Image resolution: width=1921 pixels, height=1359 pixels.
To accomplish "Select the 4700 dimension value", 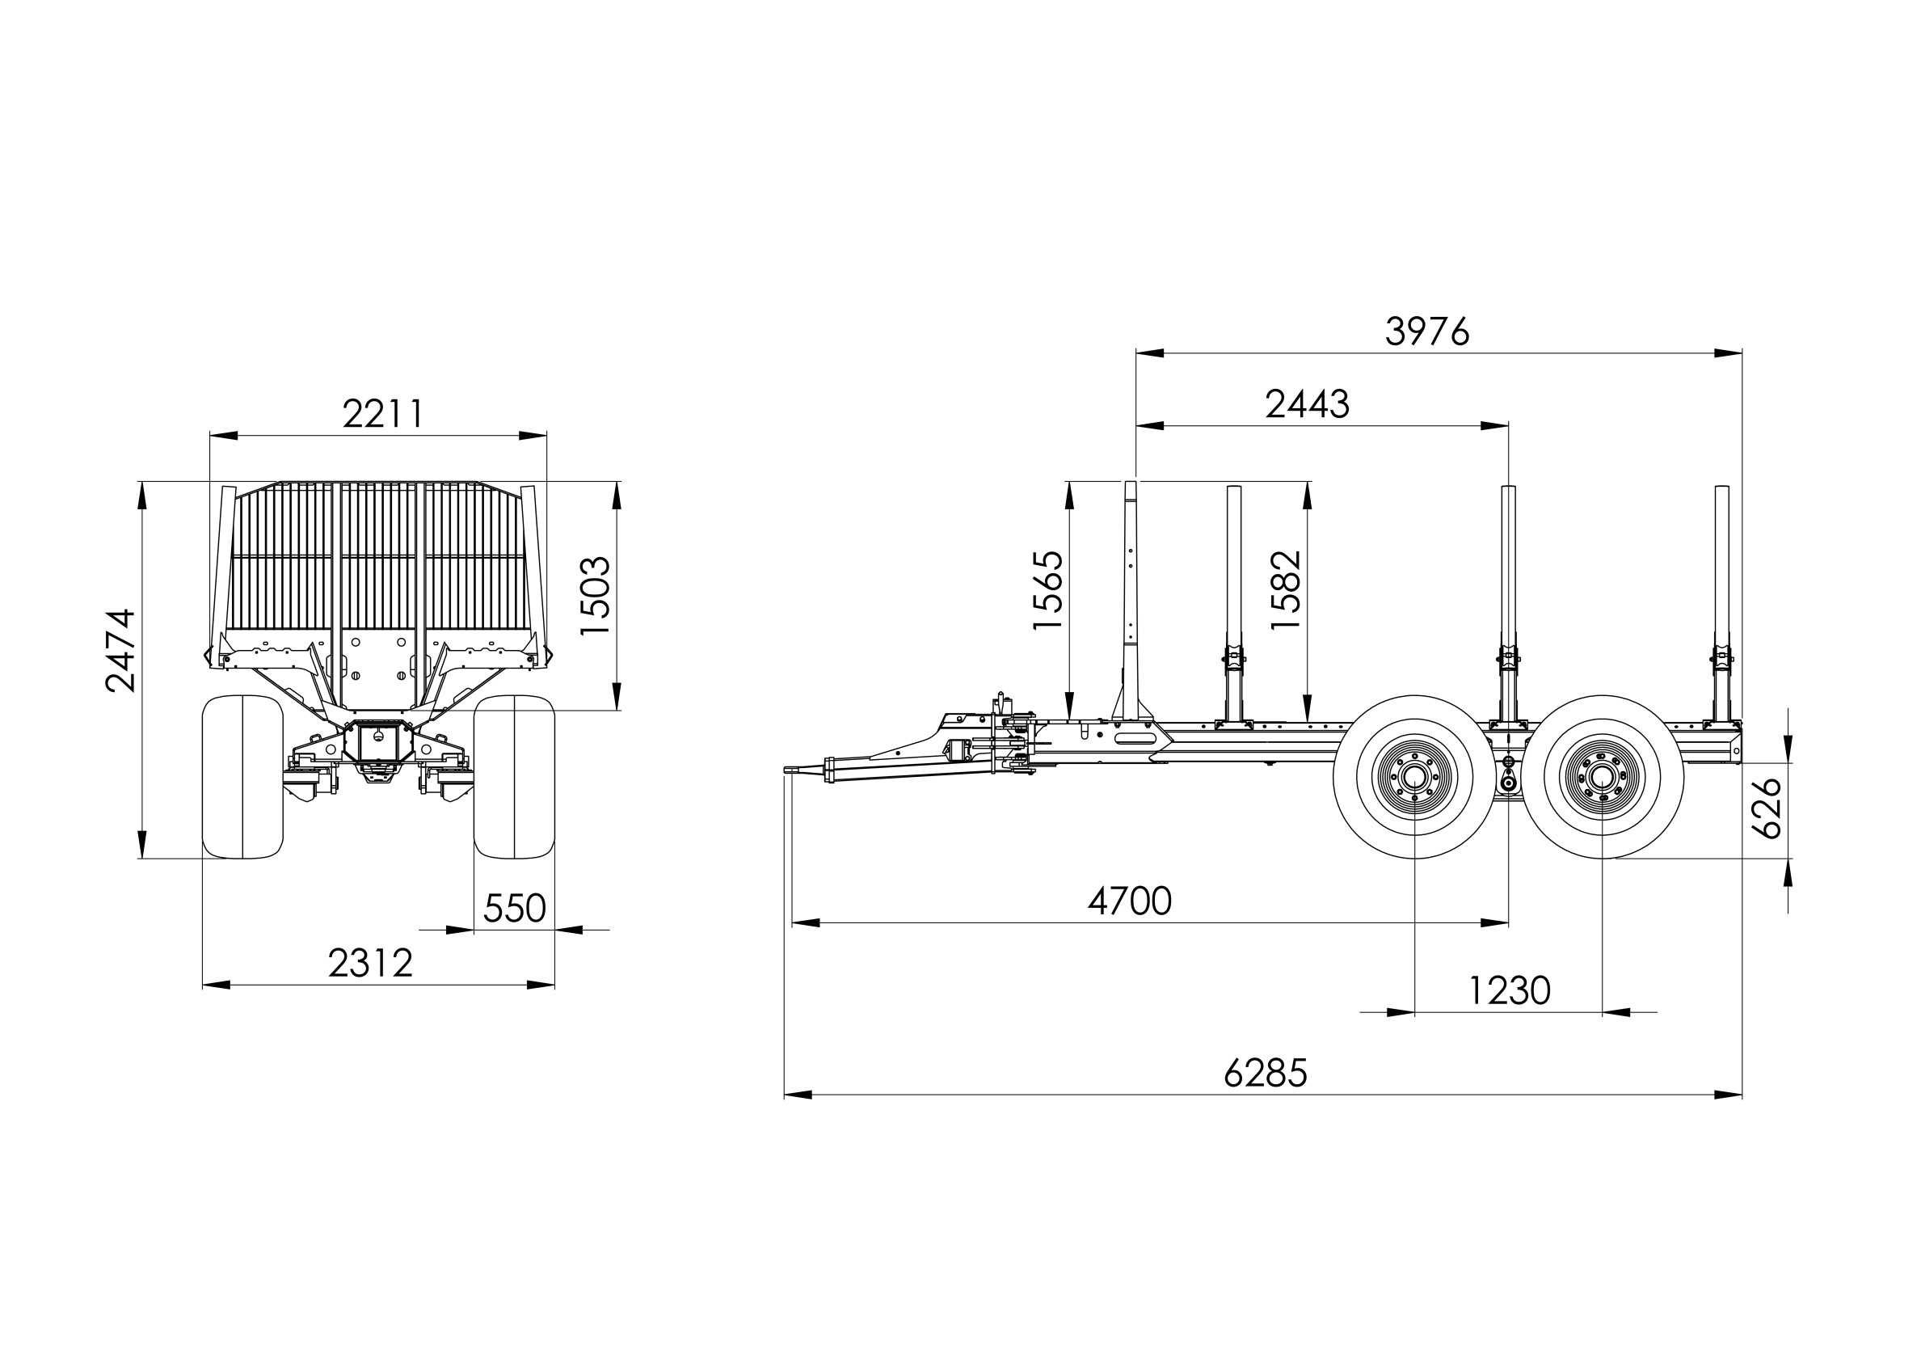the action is [1130, 901].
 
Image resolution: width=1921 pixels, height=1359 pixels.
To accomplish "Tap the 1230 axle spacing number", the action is [1510, 991].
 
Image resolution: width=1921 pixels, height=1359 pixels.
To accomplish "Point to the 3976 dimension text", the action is [1426, 331].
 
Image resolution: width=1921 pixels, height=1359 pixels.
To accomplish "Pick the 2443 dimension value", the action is [1307, 404].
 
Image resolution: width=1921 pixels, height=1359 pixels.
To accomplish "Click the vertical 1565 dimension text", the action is [1047, 590].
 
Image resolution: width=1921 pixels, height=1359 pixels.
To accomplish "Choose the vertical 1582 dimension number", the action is [1286, 590].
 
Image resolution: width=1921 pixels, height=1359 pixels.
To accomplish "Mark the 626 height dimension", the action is [1767, 808].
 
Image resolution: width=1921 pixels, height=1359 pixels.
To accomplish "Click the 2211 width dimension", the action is [383, 413].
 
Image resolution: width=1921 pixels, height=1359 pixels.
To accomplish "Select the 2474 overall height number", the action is [120, 650].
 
